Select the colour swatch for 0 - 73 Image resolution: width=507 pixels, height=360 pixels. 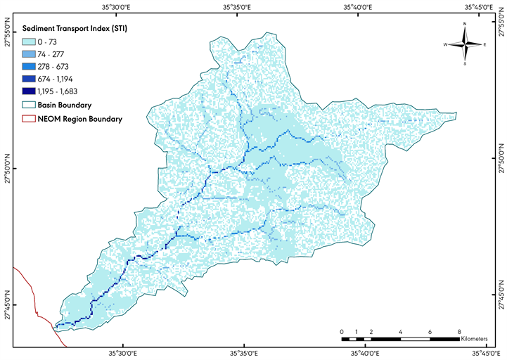(30, 42)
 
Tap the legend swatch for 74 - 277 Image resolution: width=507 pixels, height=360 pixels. (30, 55)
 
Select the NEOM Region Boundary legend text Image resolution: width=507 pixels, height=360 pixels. (80, 119)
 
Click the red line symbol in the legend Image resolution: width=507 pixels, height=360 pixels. (30, 119)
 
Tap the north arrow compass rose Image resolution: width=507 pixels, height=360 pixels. (465, 44)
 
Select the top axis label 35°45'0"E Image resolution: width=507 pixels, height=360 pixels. (480, 7)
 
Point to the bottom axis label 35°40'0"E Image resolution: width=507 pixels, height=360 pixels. (362, 353)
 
